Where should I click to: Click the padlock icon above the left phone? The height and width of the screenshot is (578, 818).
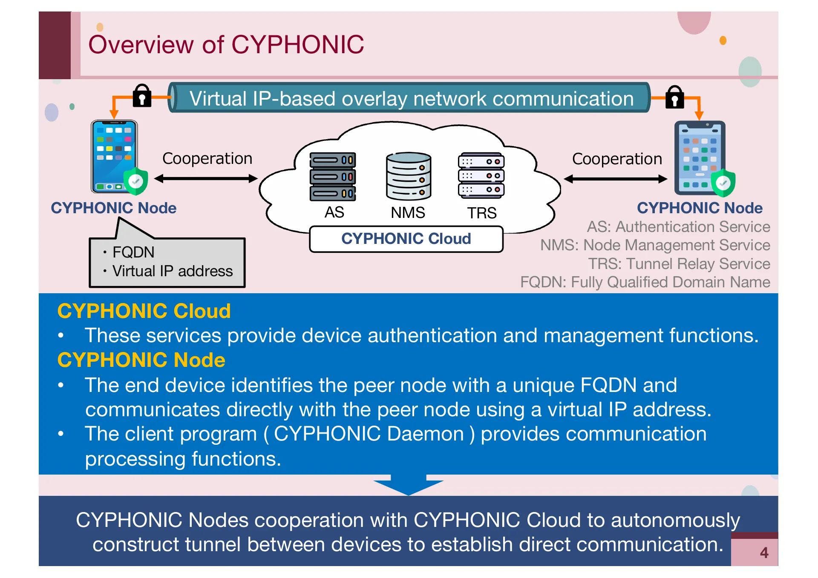coord(142,96)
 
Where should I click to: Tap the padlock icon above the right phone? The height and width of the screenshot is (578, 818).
coord(674,97)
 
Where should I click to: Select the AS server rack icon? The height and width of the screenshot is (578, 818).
coord(333,177)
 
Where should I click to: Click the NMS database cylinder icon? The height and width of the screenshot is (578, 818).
coord(408,176)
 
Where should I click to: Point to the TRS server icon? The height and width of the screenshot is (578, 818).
coord(481,176)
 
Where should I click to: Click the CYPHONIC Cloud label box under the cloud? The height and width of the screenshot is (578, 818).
coord(406,239)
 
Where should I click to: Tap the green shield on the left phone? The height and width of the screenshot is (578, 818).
coord(135,182)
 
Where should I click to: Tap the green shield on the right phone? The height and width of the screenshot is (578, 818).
coord(723,183)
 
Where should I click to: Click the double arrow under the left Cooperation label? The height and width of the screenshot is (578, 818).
coord(206,179)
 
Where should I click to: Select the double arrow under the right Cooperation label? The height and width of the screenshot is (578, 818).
coord(615,179)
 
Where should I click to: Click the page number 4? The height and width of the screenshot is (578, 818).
coord(764,553)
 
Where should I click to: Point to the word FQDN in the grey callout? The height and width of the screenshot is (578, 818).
coord(133,252)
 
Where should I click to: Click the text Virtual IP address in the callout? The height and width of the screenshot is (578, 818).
coord(172,271)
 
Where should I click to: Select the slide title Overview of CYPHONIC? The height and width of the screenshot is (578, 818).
coord(226,45)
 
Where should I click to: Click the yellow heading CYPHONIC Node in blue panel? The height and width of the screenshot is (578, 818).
coord(141,360)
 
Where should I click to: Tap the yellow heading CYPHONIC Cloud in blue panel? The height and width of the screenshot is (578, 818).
coord(144,311)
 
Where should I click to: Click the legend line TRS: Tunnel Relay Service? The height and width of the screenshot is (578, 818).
coord(679,264)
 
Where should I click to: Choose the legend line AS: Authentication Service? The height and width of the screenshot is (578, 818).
coord(678,227)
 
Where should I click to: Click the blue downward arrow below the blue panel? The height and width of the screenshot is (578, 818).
coord(408,485)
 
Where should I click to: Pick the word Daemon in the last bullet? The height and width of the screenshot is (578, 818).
coord(425,434)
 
